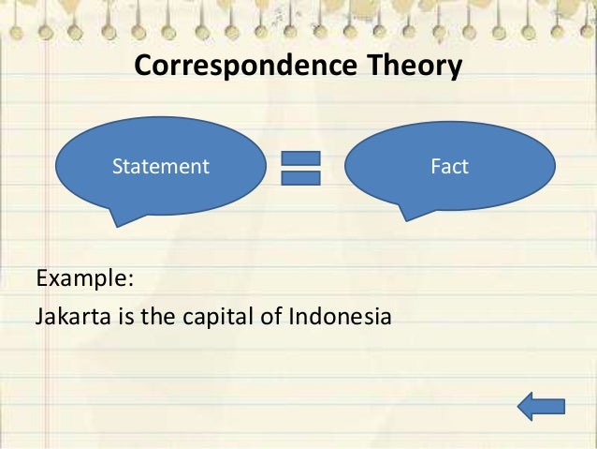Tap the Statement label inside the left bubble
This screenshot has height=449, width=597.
(x=161, y=167)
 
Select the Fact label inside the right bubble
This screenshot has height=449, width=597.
(x=450, y=167)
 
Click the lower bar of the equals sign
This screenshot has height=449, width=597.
(x=300, y=179)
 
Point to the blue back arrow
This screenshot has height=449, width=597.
(x=541, y=406)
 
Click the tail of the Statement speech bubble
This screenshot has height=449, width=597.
(x=117, y=217)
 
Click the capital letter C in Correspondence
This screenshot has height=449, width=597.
(x=143, y=67)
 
